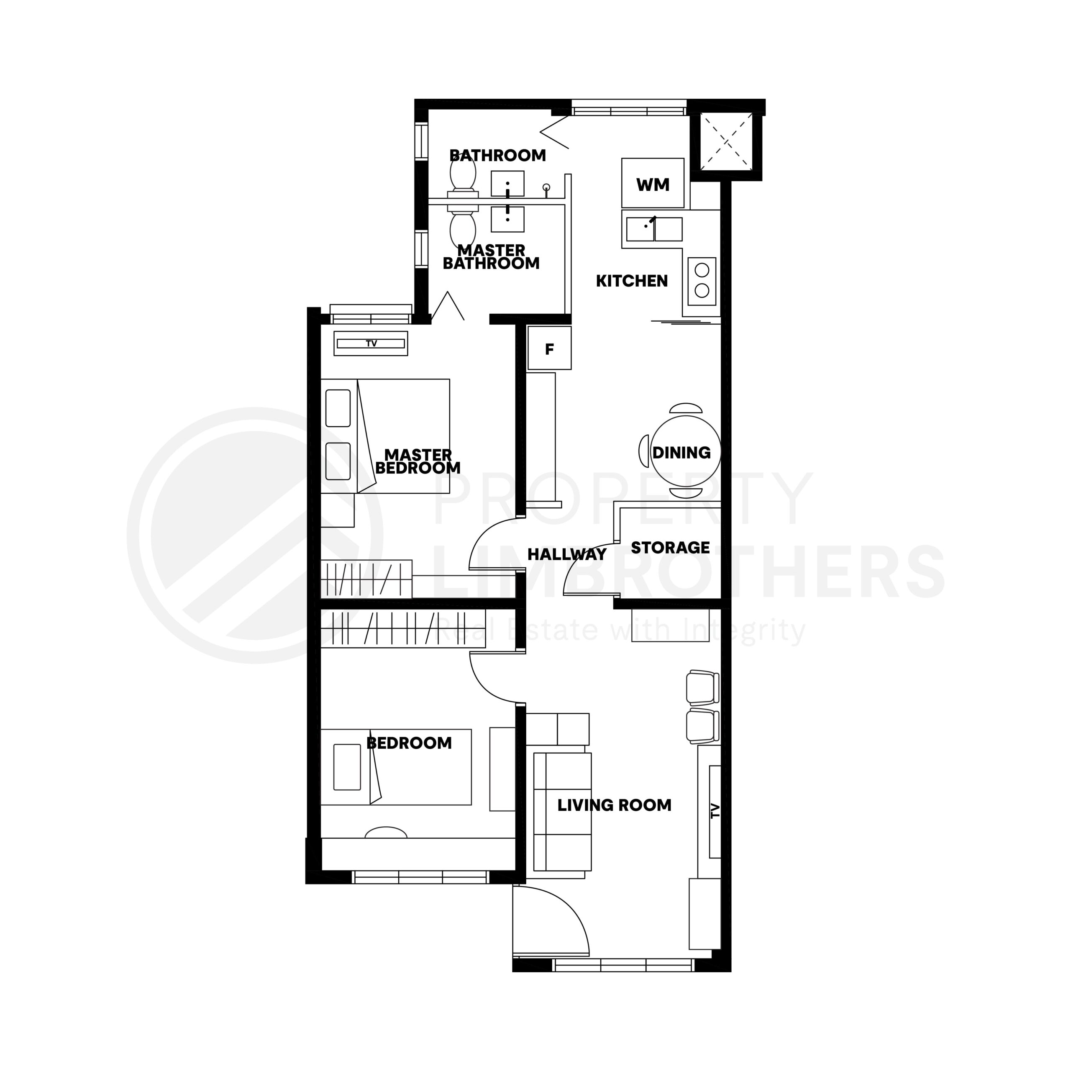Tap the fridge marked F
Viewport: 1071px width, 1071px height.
click(549, 348)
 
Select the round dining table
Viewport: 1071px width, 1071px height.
click(686, 451)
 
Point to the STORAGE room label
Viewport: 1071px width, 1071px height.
click(670, 548)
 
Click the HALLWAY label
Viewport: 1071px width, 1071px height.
click(566, 554)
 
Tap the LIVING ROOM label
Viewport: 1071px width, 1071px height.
click(614, 805)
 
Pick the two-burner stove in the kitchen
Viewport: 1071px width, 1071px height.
click(702, 281)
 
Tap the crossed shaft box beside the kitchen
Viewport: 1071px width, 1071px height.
click(725, 142)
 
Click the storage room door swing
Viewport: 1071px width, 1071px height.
click(589, 571)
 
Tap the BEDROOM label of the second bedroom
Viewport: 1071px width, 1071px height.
click(409, 743)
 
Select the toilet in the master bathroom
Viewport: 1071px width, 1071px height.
click(463, 228)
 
